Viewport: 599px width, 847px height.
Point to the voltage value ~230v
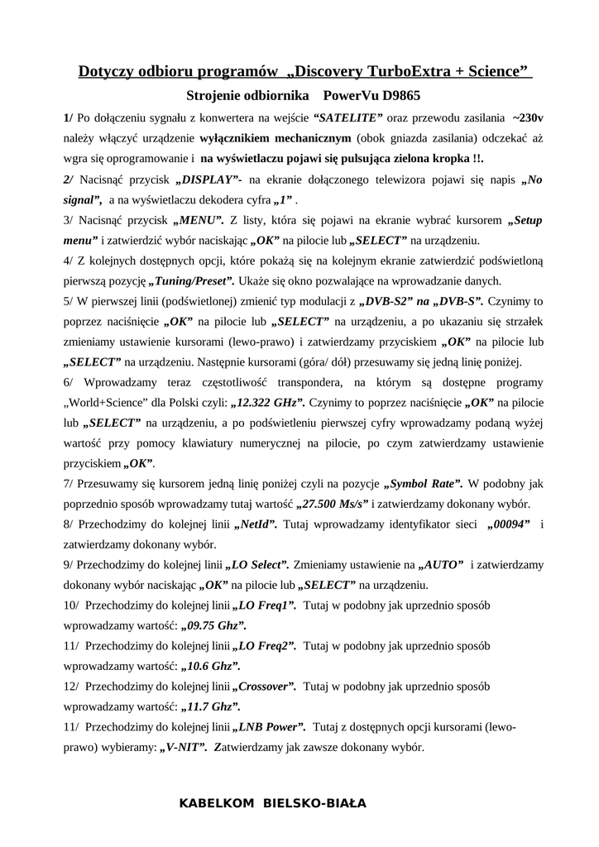tap(528, 117)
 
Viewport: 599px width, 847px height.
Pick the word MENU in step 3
tap(199, 221)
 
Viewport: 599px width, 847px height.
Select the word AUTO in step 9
tap(443, 565)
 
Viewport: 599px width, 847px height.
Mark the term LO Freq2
tap(265, 645)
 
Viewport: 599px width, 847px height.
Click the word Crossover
tap(266, 686)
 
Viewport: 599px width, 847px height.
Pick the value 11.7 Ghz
tap(213, 706)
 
